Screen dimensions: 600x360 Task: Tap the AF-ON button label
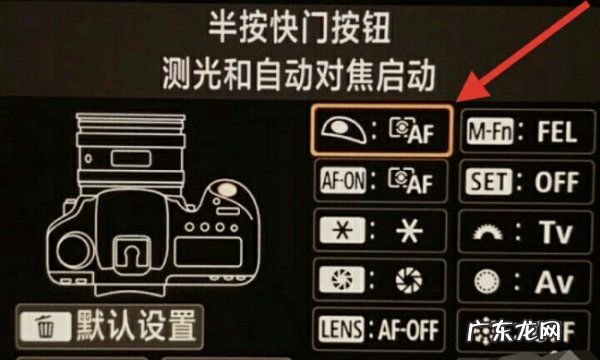pos(337,182)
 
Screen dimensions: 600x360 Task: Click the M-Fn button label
pos(490,131)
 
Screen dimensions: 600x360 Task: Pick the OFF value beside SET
pos(557,183)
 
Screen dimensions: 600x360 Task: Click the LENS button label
pos(338,329)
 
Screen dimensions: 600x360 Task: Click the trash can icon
pos(44,327)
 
